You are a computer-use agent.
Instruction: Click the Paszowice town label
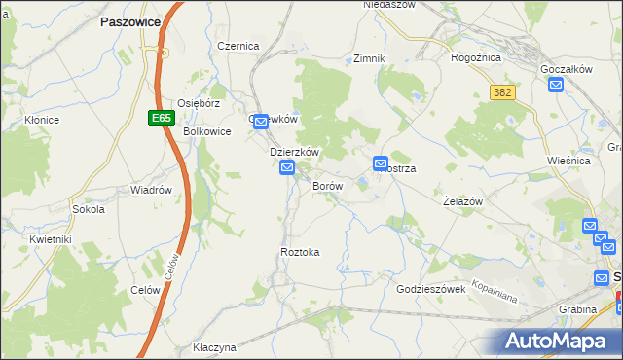tap(129, 19)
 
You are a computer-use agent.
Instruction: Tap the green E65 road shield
tap(161, 118)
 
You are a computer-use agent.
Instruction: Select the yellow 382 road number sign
tap(502, 91)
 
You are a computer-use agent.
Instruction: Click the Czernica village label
tap(238, 46)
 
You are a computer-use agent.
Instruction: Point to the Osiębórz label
tap(201, 102)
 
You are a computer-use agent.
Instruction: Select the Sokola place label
tap(89, 209)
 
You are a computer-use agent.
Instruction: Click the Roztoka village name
tap(300, 252)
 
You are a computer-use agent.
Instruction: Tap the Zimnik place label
tap(370, 58)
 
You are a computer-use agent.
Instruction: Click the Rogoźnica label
tap(476, 57)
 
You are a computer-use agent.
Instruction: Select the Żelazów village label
tap(462, 200)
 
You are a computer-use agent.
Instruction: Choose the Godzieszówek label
tap(433, 289)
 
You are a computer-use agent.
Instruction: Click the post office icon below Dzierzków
tap(287, 169)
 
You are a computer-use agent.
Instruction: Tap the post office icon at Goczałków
tap(556, 85)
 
